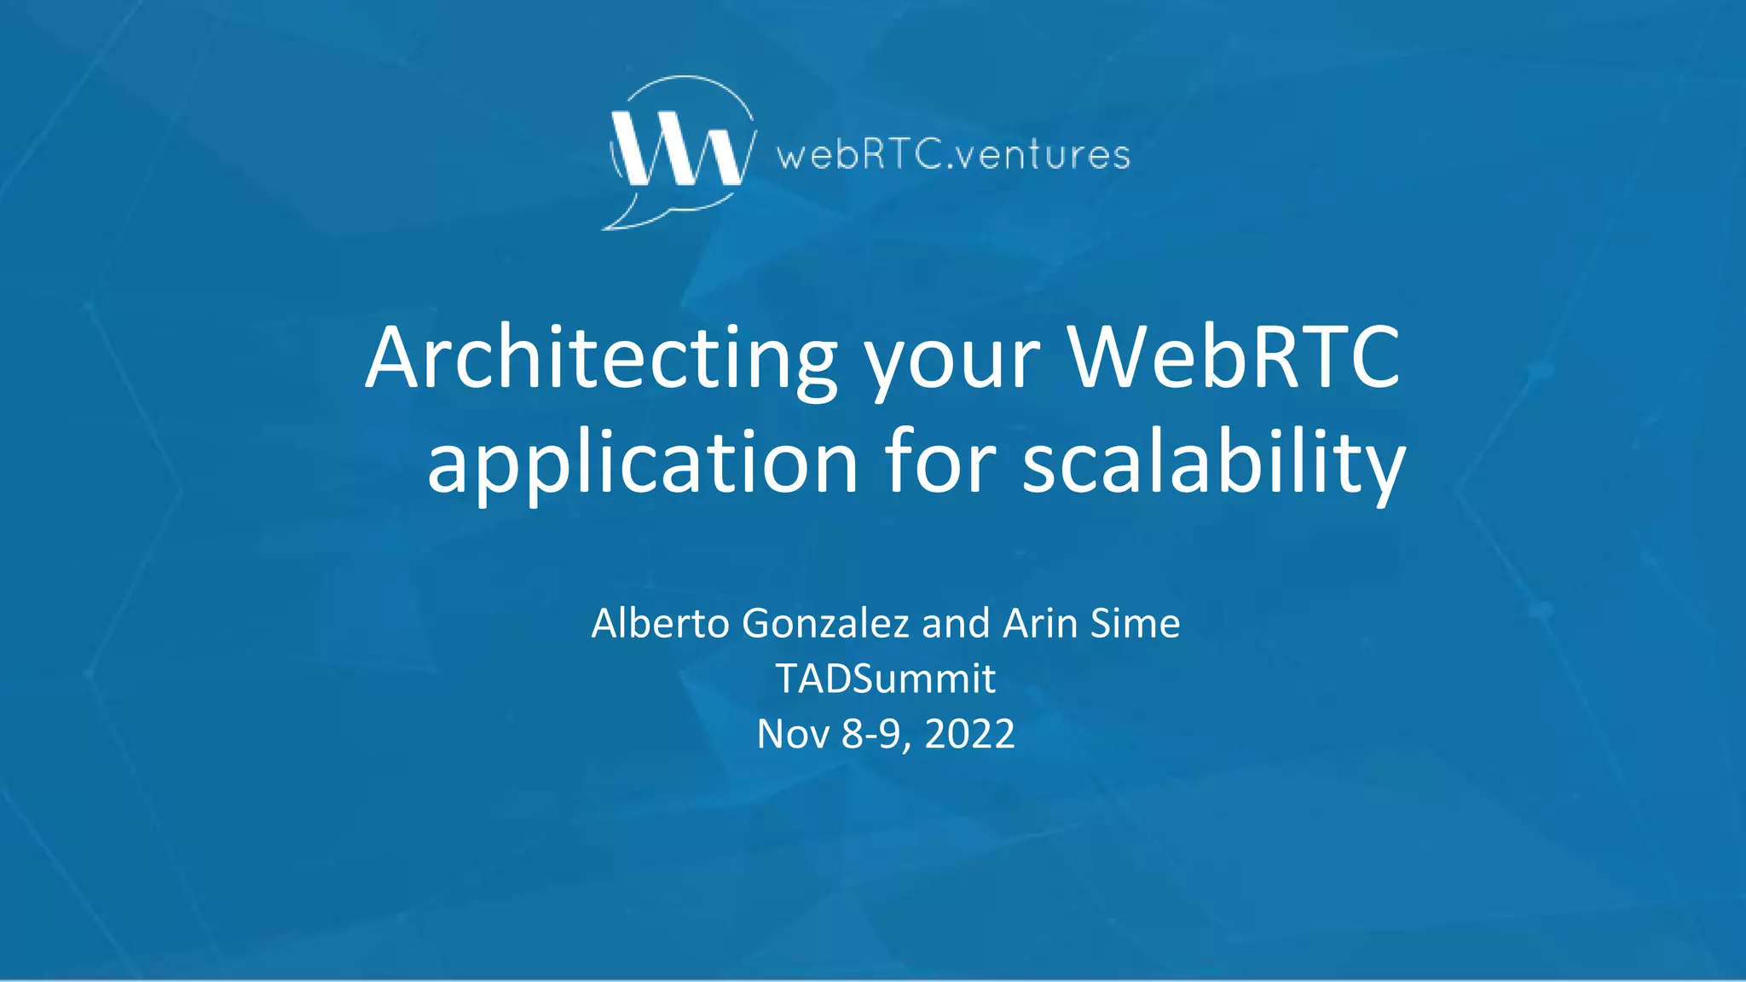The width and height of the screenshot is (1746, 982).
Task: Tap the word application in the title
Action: click(642, 463)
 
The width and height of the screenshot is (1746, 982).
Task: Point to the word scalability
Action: click(1213, 463)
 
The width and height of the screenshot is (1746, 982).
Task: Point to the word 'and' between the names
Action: click(955, 623)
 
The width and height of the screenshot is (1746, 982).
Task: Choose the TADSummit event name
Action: click(885, 679)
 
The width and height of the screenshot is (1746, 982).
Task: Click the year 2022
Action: click(969, 734)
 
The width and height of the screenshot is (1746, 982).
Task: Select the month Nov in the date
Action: click(793, 734)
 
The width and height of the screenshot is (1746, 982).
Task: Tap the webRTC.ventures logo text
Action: click(953, 155)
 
